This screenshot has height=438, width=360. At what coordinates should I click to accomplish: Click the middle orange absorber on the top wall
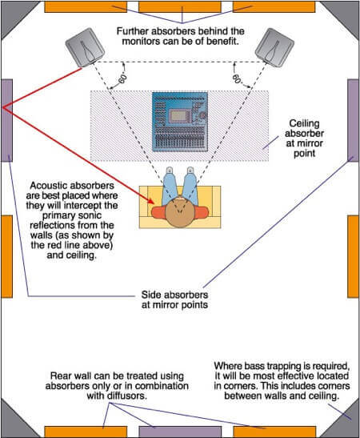click(181, 6)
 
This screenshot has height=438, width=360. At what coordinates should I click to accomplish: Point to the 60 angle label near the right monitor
click(237, 79)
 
